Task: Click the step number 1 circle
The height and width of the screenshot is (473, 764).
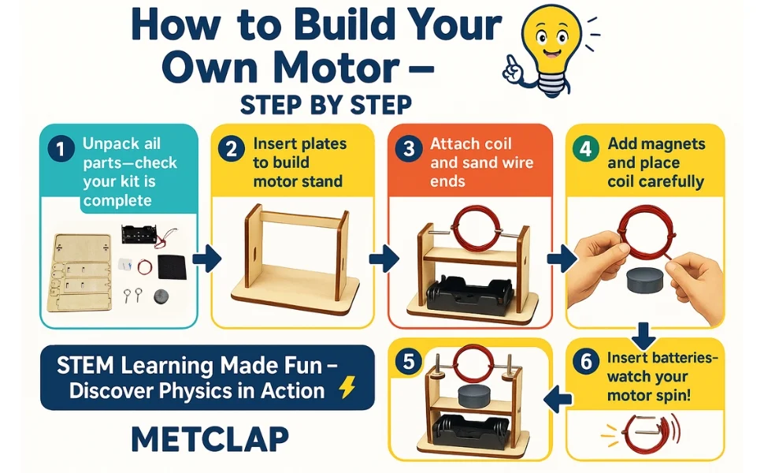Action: [x=61, y=149]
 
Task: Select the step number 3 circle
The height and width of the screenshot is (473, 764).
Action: [x=409, y=149]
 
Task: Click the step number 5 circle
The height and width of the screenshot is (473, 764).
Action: [x=408, y=362]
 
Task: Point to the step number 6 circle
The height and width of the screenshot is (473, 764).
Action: [x=586, y=362]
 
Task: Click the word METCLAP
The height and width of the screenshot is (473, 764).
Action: [x=210, y=439]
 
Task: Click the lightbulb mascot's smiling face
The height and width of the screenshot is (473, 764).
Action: [x=550, y=41]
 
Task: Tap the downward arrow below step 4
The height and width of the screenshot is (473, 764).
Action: [x=644, y=336]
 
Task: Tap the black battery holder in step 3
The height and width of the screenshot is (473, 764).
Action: [x=470, y=293]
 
